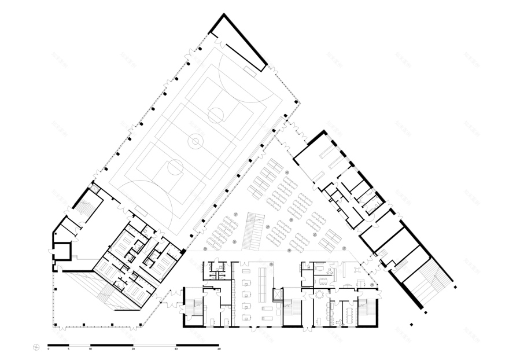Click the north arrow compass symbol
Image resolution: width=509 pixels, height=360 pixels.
tap(37, 347)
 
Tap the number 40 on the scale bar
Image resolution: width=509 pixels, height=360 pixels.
tap(219, 350)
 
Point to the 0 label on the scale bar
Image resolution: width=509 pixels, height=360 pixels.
tap(49, 350)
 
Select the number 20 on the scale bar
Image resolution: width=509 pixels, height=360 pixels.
tap(133, 350)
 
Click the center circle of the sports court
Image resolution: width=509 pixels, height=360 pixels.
tap(196, 140)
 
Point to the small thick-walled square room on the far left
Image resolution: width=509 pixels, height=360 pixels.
tap(61, 251)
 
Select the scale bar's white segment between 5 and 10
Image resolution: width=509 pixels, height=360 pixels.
tap(80, 346)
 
